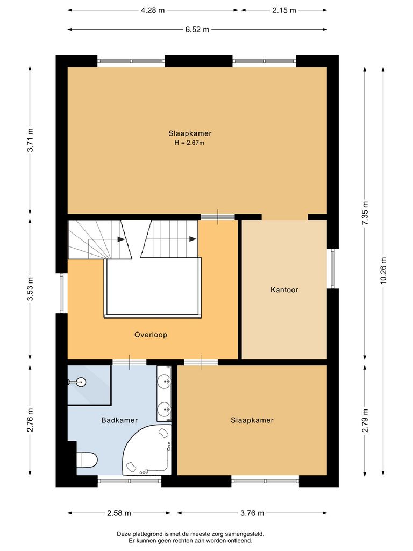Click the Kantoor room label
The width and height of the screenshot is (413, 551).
[x=284, y=290]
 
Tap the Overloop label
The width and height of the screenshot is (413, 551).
[x=151, y=335]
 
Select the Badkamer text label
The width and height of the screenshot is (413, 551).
[x=119, y=420]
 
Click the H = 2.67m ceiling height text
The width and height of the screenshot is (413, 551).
[x=190, y=143]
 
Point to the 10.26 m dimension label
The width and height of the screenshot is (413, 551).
[x=382, y=270]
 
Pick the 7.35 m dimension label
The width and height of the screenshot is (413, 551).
[x=365, y=215]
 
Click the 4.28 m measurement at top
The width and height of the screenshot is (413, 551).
[x=153, y=10]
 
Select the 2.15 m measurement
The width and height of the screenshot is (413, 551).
[x=284, y=10]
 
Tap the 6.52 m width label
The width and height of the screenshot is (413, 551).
[x=197, y=30]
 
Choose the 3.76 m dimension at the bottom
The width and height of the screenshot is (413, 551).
[x=252, y=513]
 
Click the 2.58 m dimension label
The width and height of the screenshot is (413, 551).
[x=119, y=513]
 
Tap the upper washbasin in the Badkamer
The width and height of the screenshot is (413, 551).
[x=164, y=383]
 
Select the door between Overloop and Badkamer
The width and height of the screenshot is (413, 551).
[x=129, y=362]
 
